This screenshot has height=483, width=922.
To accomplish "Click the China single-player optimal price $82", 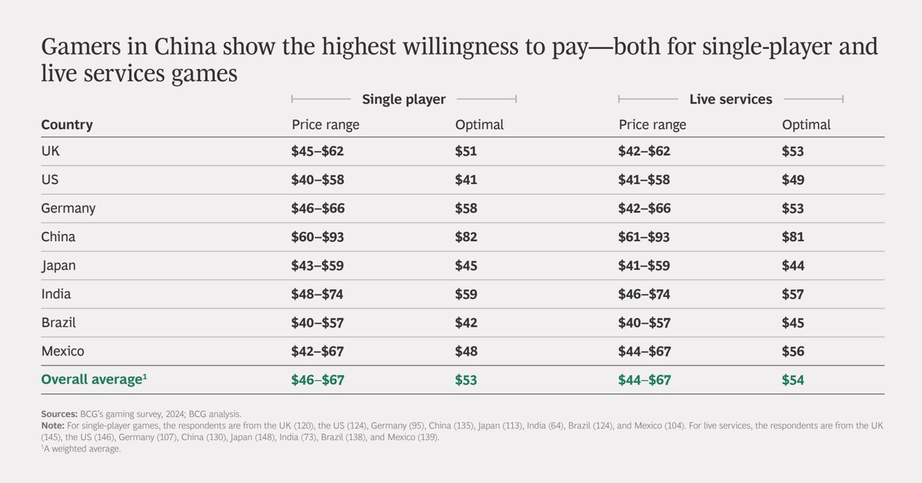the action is point(466,237).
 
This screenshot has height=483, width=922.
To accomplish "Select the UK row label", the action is point(50,151).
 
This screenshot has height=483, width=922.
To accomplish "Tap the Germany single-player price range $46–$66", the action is point(317,208).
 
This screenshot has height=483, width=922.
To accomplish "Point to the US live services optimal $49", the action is point(793,179).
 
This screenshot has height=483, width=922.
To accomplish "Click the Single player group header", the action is point(404,99).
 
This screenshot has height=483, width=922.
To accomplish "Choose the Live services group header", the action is point(730,99).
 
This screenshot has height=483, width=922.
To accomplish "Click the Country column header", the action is point(67,125).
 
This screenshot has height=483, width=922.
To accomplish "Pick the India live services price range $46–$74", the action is point(644,294).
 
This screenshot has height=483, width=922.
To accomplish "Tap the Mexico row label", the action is point(63,351).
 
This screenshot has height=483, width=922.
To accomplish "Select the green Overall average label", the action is point(94,380).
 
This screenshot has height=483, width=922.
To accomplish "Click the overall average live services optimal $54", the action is point(793,380).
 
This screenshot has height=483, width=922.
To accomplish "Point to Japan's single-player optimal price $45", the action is point(466,266).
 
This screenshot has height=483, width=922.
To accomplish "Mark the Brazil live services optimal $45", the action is point(793,323).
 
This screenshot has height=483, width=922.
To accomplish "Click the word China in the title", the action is point(185,47).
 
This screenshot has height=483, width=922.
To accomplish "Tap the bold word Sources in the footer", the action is point(59,414).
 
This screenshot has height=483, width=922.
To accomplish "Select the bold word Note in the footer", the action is point(53,426).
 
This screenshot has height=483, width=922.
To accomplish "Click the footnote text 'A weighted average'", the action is point(82,449).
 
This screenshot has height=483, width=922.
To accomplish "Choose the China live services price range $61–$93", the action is point(644,237).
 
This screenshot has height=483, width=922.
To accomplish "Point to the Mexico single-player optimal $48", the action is point(466,351).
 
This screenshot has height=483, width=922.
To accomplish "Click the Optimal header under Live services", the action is point(806,125).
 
